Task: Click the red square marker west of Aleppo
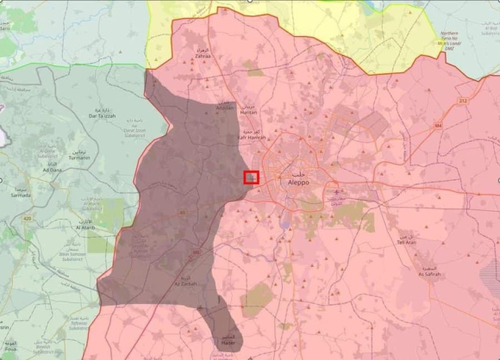(251, 177)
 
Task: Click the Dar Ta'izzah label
(103, 115)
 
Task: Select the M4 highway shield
(438, 126)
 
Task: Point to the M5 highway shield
(196, 252)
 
